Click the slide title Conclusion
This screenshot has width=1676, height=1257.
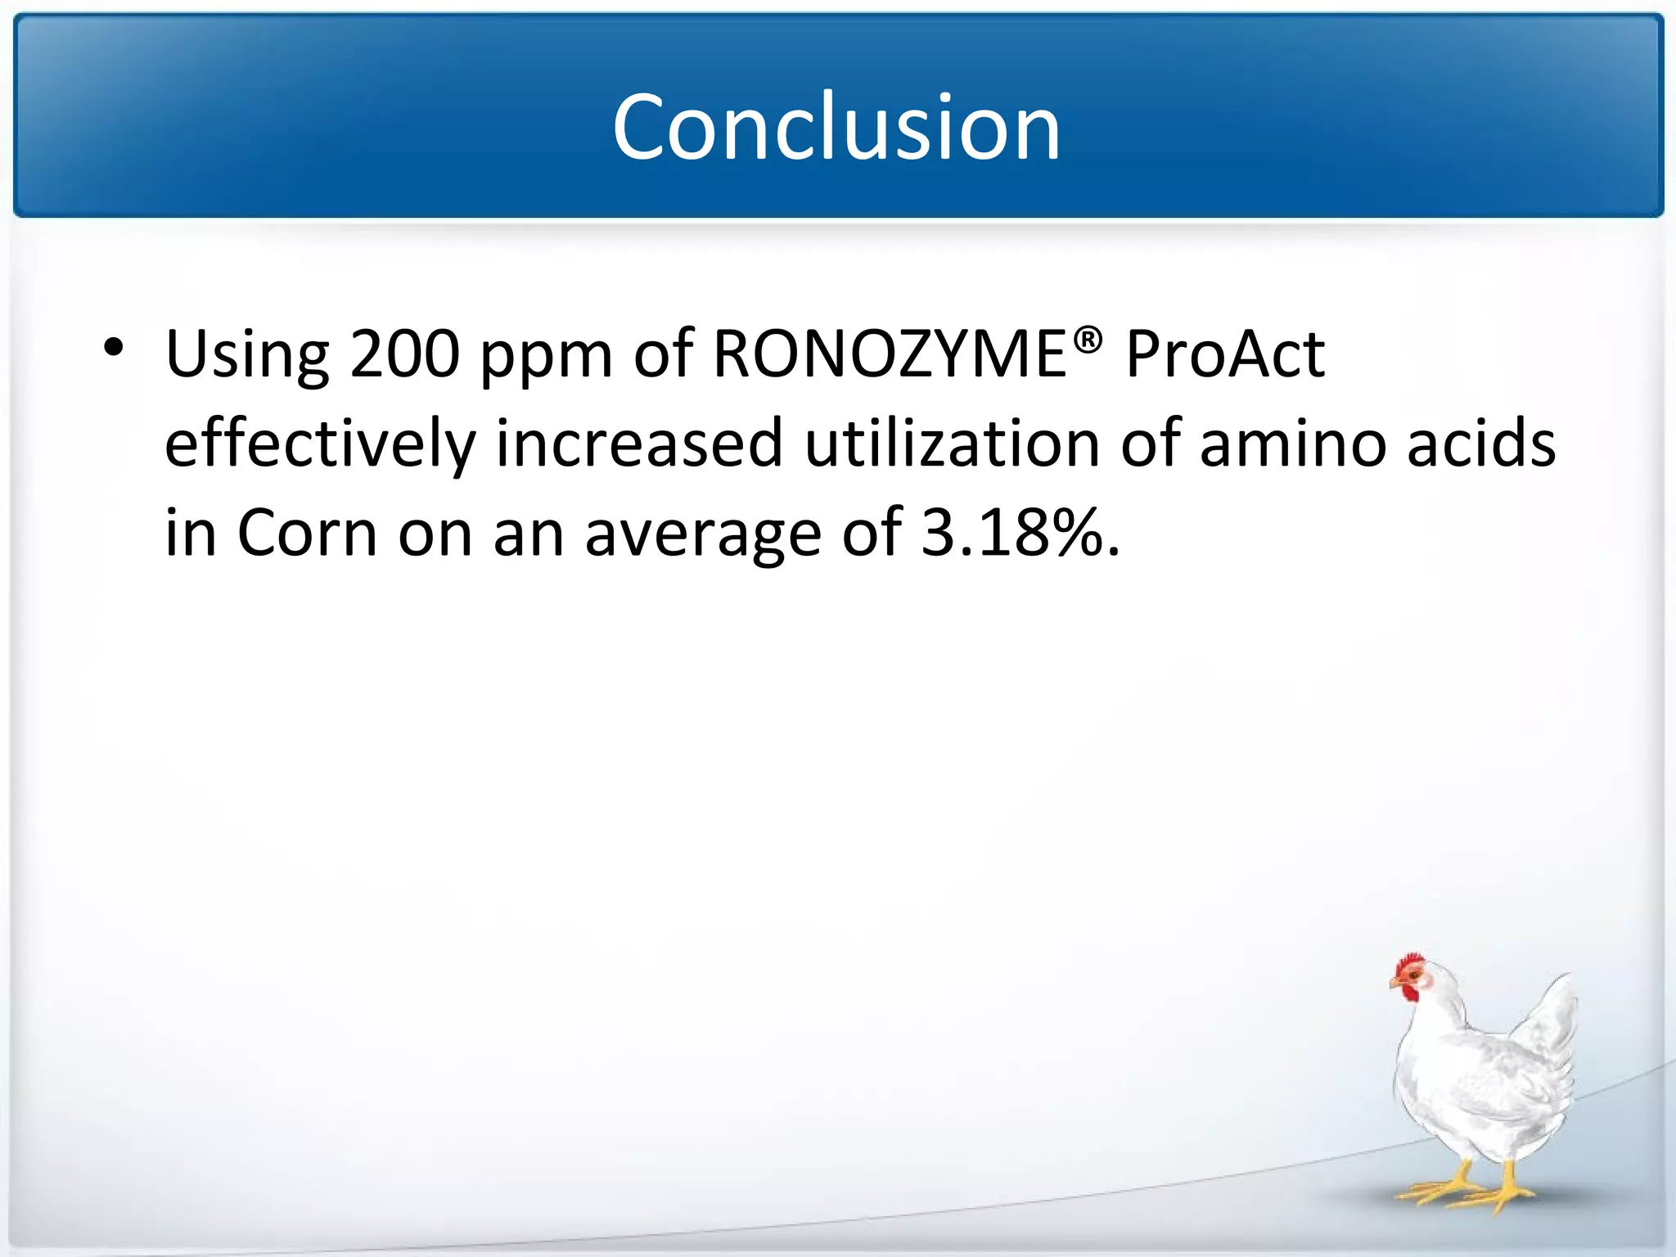[836, 128]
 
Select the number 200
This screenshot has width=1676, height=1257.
[404, 354]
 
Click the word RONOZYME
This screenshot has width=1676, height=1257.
[890, 354]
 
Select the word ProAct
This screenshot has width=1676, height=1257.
[1224, 354]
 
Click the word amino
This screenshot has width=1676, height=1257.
[1292, 444]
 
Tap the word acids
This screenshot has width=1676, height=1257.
[1480, 443]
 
